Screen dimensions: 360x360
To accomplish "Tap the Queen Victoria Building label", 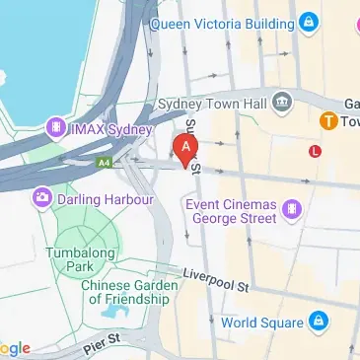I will [x=222, y=20].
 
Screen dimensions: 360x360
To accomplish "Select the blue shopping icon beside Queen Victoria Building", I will [x=309, y=20].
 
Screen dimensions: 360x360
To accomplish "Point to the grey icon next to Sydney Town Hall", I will [x=283, y=102].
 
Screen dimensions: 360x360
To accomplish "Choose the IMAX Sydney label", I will [x=109, y=129].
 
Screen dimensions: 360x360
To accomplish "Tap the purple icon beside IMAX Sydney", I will [x=55, y=129].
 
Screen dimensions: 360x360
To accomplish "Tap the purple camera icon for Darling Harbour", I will [x=42, y=198].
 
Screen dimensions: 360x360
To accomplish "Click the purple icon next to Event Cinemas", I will [x=292, y=208].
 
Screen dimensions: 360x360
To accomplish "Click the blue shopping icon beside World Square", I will [x=319, y=322].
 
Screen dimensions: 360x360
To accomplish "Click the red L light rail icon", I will [x=315, y=151].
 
